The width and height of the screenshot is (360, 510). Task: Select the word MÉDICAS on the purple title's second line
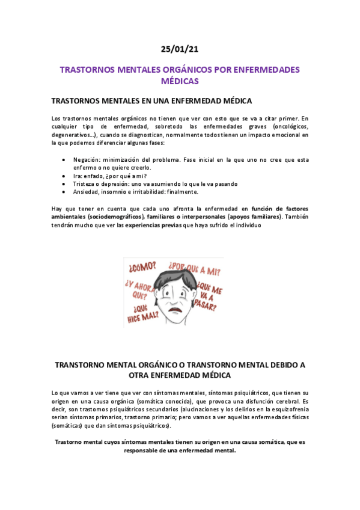pyautogui.click(x=180, y=81)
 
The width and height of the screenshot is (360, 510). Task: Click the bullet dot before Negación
pyautogui.click(x=64, y=159)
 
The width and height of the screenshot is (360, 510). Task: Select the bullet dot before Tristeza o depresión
pyautogui.click(x=64, y=183)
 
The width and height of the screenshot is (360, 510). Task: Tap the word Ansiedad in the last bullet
pyautogui.click(x=87, y=192)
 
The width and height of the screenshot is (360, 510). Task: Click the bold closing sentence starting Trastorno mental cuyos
pyautogui.click(x=180, y=446)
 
